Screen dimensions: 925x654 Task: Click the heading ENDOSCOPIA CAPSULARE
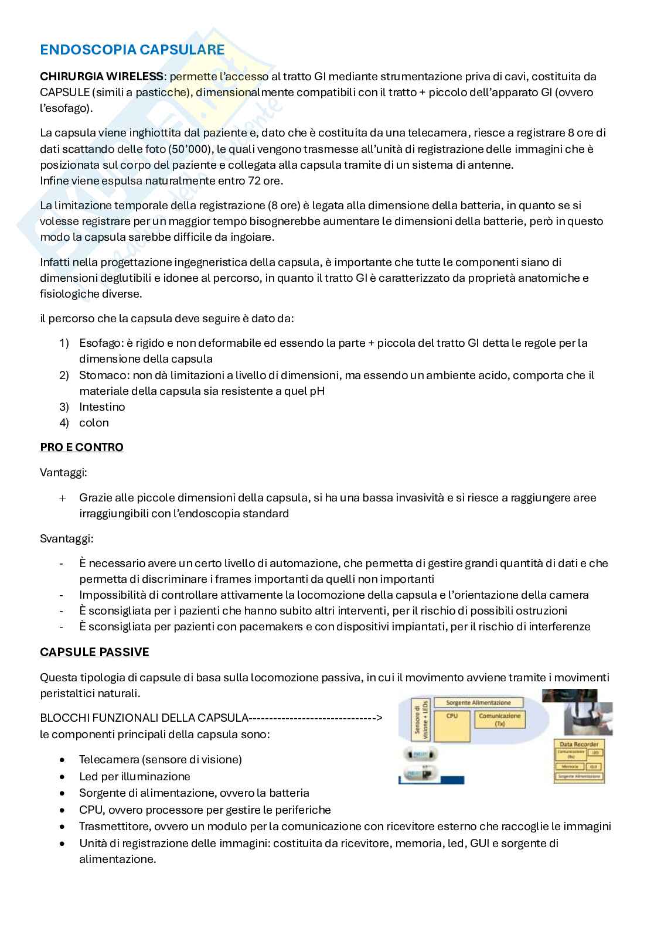(x=132, y=50)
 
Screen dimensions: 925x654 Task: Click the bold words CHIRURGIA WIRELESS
(x=101, y=76)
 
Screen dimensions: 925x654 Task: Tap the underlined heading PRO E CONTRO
(x=81, y=448)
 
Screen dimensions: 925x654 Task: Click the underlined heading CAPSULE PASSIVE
(x=94, y=653)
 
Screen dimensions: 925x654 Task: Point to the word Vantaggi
(x=63, y=472)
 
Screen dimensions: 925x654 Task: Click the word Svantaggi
(x=66, y=538)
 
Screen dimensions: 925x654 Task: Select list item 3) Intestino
(x=101, y=407)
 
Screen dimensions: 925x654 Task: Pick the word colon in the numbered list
(x=94, y=423)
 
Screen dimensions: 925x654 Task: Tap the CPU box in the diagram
(x=452, y=716)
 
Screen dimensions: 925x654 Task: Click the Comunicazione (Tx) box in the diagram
(x=499, y=719)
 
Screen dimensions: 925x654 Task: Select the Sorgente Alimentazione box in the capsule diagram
(x=478, y=702)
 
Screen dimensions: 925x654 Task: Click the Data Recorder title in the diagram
(x=578, y=744)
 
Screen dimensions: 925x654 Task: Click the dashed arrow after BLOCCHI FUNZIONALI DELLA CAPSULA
(x=316, y=718)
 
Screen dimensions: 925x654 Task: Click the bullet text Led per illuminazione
(x=134, y=777)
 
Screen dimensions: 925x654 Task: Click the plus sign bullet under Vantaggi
(x=63, y=498)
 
